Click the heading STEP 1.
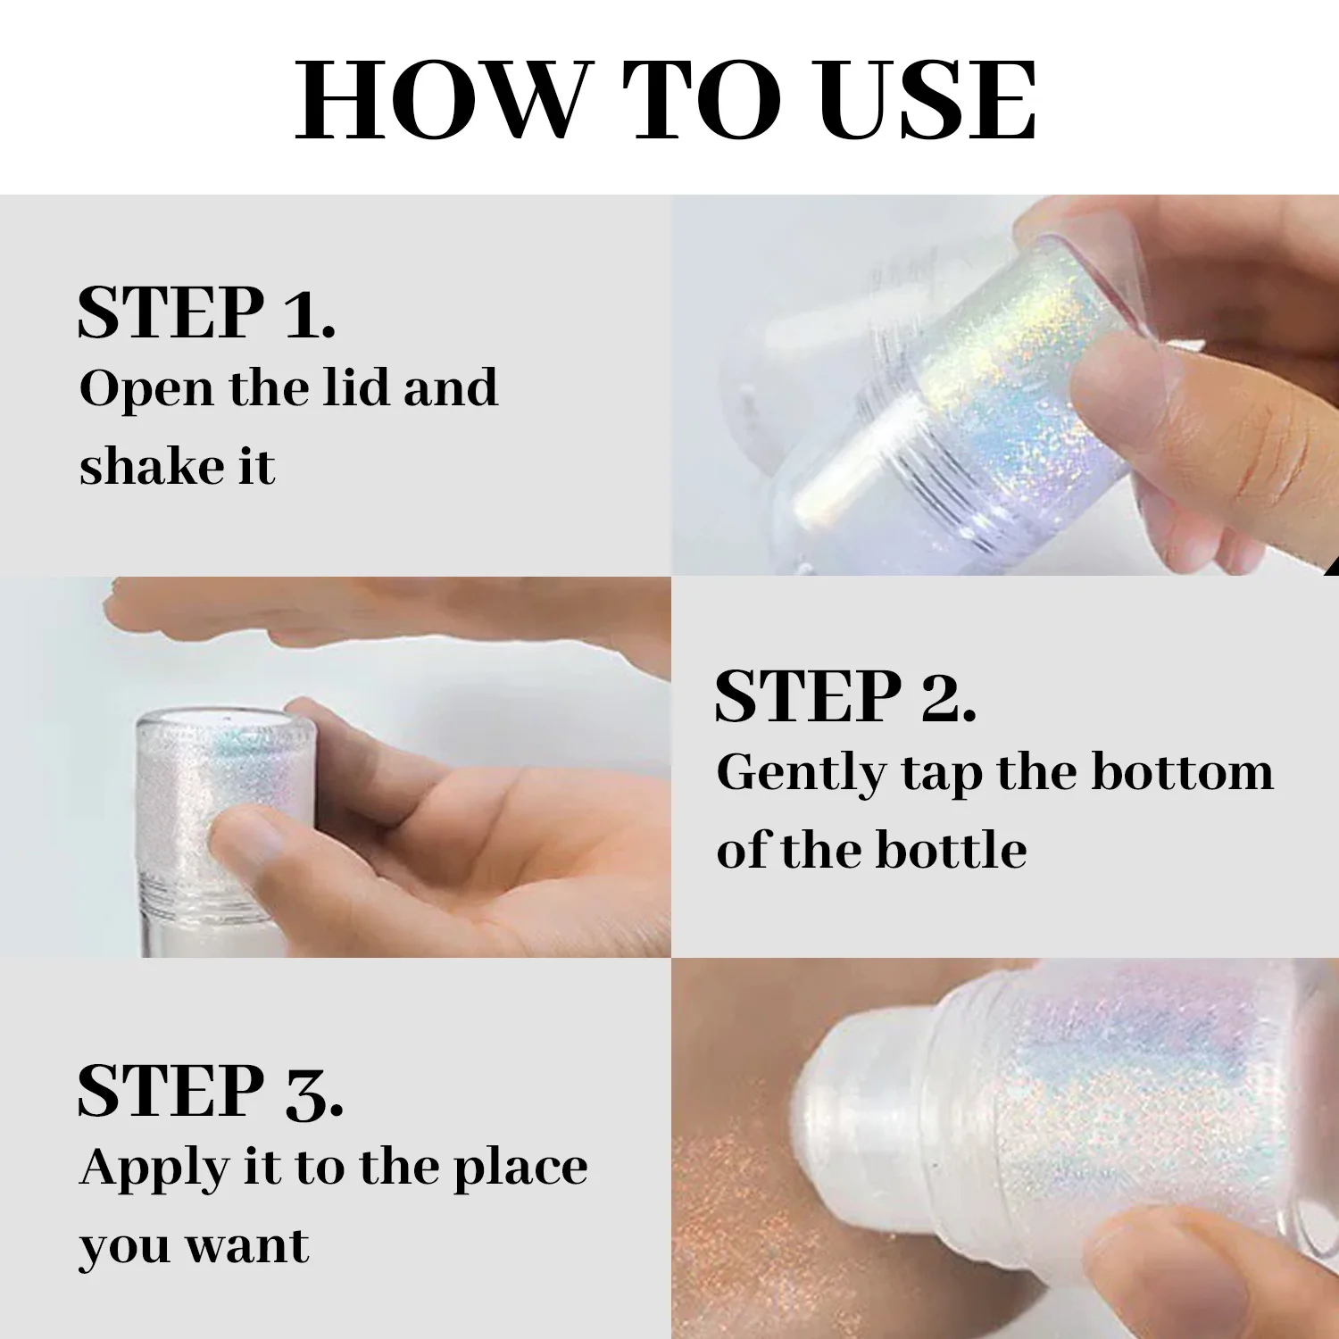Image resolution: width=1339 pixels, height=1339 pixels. pos(206,312)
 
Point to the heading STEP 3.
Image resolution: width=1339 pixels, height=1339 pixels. pos(210,1091)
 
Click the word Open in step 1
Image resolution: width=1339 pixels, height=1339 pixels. pos(146,389)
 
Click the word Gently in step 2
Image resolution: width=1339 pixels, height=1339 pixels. pos(801,773)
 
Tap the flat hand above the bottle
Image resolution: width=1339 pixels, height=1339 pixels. pos(375,616)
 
